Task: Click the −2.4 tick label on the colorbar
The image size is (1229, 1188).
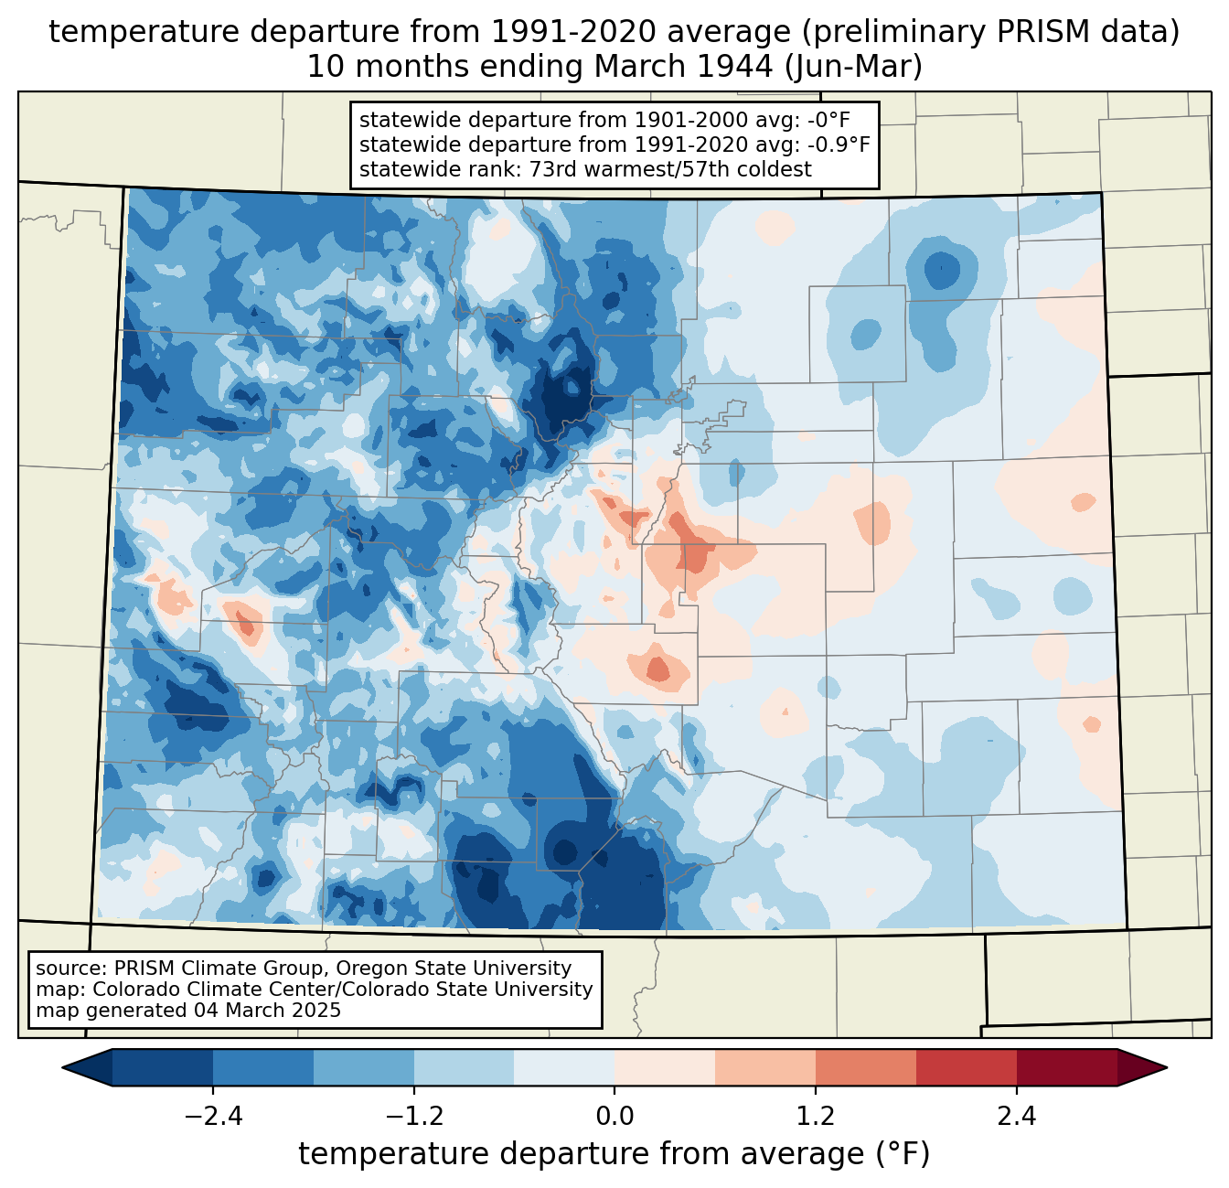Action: click(213, 1117)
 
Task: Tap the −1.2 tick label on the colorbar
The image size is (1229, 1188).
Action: click(413, 1117)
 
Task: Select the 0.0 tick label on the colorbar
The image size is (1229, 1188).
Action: click(614, 1117)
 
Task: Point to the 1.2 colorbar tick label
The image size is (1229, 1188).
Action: click(816, 1117)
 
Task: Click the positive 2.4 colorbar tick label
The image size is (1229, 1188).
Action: click(1016, 1117)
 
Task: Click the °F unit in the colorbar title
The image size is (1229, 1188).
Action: click(903, 1154)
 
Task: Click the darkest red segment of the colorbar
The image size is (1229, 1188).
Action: click(1066, 1067)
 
